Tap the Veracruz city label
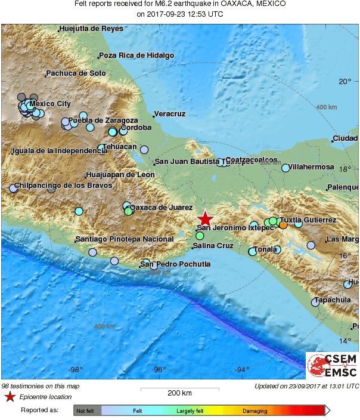[170, 114]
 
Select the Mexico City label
[50, 104]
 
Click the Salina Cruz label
[213, 245]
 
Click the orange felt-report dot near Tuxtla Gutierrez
[283, 226]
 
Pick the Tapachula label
[333, 300]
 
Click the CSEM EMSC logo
[332, 366]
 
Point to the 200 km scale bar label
[179, 394]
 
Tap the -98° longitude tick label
[76, 370]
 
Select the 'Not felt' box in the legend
[88, 410]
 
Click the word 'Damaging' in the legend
[255, 410]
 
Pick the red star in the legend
[10, 397]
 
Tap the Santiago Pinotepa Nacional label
[124, 239]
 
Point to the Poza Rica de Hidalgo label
[136, 55]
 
